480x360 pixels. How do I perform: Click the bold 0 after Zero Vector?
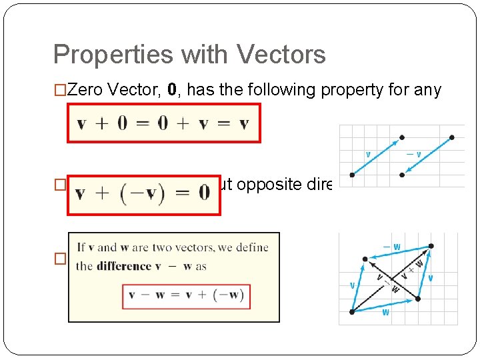172,90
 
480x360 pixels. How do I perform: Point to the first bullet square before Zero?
59,91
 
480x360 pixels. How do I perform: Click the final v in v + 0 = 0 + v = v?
243,124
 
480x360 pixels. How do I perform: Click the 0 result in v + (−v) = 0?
203,193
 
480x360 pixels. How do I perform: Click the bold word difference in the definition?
123,266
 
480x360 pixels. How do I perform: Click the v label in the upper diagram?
368,154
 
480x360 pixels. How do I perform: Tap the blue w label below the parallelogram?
385,312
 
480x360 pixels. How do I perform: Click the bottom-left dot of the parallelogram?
351,311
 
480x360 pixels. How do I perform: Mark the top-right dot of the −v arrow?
452,138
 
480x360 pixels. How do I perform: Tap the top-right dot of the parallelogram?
431,245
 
